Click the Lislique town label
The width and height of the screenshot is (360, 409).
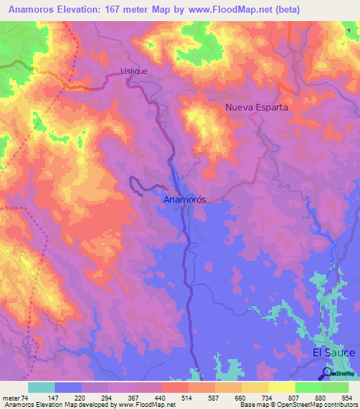tap(131, 71)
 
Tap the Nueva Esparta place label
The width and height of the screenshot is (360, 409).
tap(257, 108)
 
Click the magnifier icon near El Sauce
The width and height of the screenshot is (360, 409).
tap(328, 373)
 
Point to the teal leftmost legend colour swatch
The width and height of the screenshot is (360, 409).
tap(41, 387)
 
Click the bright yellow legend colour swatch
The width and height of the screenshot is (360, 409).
tap(281, 387)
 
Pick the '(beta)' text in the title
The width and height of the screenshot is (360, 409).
tap(289, 10)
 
